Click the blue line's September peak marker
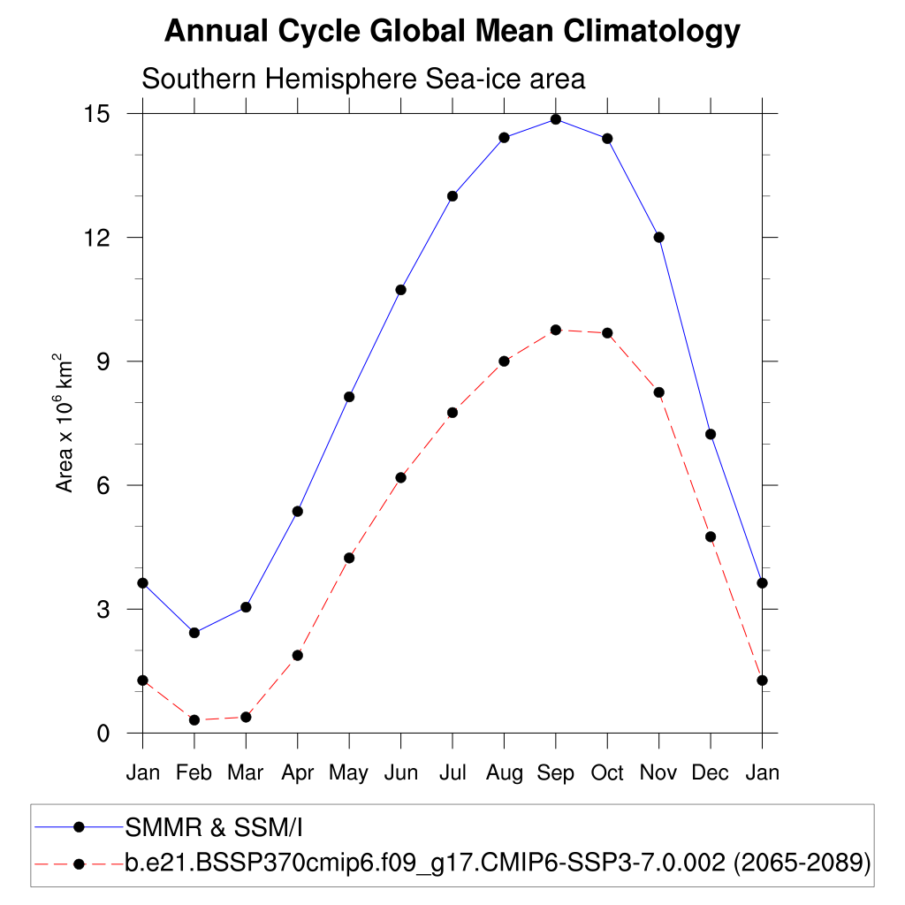pos(556,119)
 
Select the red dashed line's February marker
pos(194,720)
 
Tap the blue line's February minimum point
pos(194,633)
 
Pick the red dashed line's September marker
pos(556,330)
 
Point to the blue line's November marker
pos(658,237)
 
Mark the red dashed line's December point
pos(711,536)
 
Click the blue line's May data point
pos(349,397)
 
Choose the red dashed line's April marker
pos(298,655)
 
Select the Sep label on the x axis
pos(556,773)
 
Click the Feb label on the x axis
pos(194,773)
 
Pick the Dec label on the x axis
pos(711,773)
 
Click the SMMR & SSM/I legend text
pos(215,828)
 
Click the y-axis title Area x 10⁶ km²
pos(65,422)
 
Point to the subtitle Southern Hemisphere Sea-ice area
pos(363,79)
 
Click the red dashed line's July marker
pos(452,413)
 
